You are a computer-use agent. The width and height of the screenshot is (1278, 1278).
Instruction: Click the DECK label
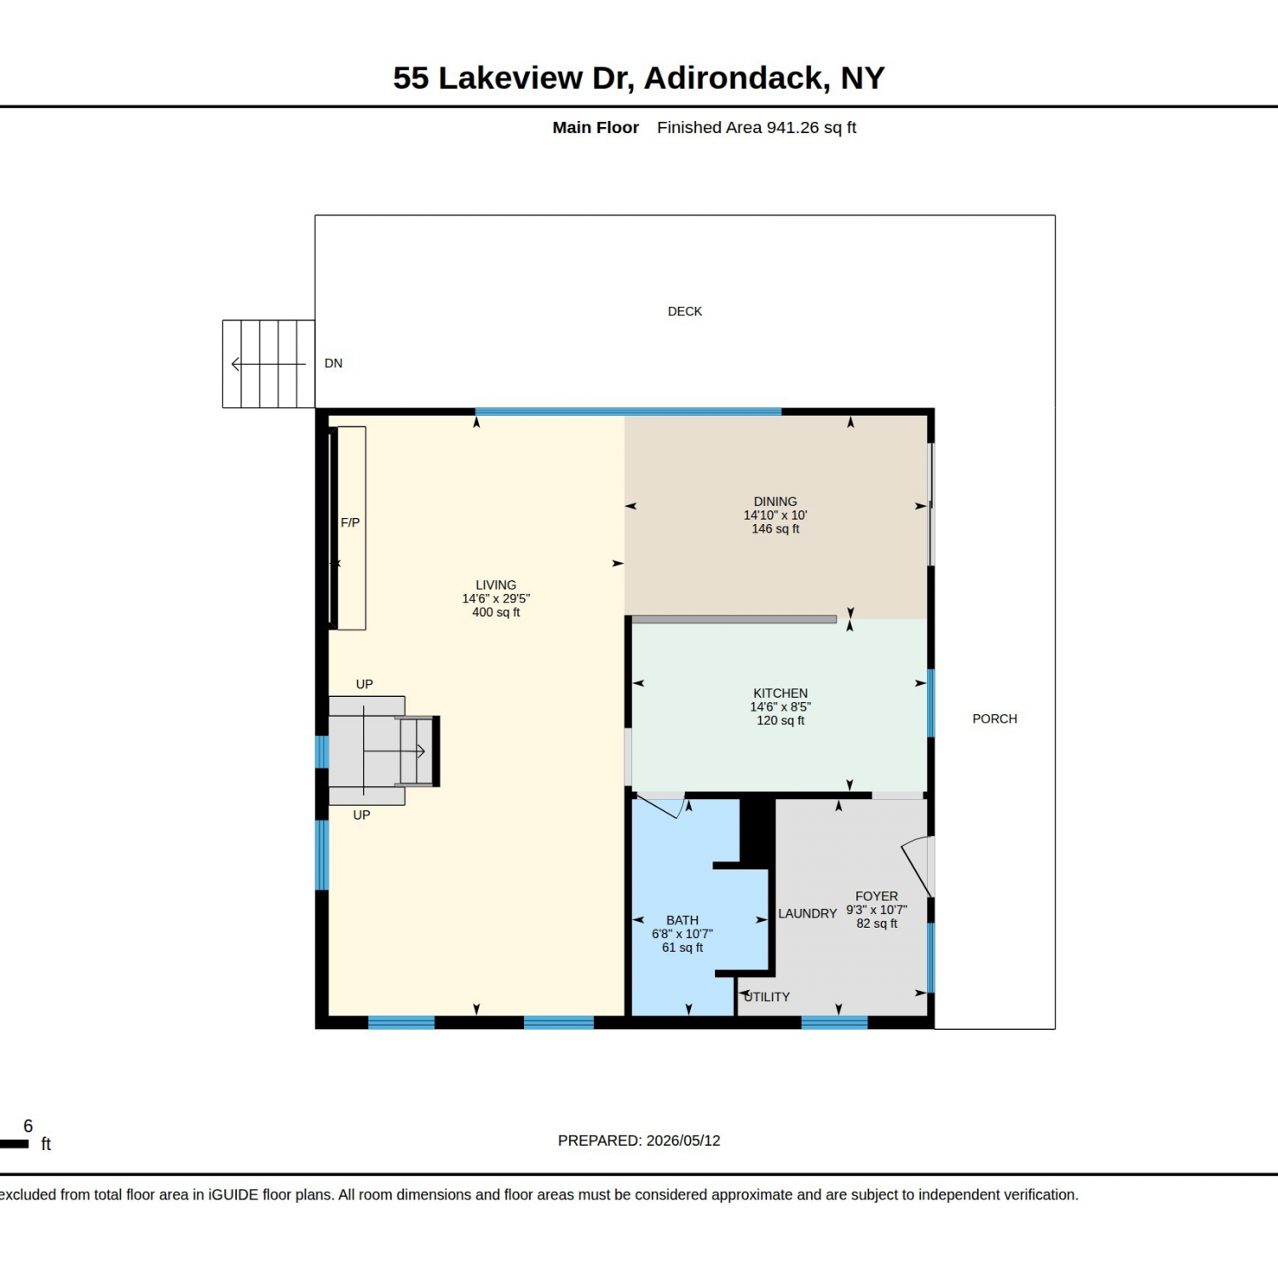pyautogui.click(x=685, y=312)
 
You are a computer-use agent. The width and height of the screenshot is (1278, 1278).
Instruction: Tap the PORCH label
pyautogui.click(x=994, y=719)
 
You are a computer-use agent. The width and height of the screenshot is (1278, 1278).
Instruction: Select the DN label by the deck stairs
pyautogui.click(x=333, y=364)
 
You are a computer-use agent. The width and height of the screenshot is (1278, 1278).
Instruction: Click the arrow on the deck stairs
pyautogui.click(x=268, y=365)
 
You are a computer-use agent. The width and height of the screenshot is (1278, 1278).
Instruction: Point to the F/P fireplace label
pyautogui.click(x=350, y=523)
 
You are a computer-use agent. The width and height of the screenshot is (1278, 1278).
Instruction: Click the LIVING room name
pyautogui.click(x=496, y=585)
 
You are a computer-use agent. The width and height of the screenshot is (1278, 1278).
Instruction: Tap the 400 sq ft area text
pyautogui.click(x=496, y=613)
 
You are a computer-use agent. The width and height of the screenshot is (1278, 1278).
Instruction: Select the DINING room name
pyautogui.click(x=775, y=502)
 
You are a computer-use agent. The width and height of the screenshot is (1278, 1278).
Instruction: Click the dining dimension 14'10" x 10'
pyautogui.click(x=775, y=515)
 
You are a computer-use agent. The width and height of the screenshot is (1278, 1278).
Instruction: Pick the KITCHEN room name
pyautogui.click(x=780, y=694)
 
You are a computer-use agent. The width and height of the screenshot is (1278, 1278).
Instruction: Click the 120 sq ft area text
pyautogui.click(x=780, y=721)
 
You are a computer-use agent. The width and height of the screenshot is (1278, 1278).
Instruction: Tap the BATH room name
pyautogui.click(x=682, y=920)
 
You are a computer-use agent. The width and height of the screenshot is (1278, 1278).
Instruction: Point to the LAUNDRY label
pyautogui.click(x=808, y=913)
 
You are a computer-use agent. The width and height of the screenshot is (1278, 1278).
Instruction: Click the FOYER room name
pyautogui.click(x=877, y=896)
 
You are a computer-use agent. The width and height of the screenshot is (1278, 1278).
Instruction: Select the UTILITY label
pyautogui.click(x=767, y=997)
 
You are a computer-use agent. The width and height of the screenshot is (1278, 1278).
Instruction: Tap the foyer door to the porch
pyautogui.click(x=918, y=866)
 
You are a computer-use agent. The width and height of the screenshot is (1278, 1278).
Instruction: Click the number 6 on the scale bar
pyautogui.click(x=28, y=1126)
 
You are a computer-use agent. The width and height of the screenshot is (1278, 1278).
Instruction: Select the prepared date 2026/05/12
pyautogui.click(x=683, y=1141)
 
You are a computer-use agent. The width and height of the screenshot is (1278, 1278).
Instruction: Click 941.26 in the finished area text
pyautogui.click(x=792, y=128)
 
